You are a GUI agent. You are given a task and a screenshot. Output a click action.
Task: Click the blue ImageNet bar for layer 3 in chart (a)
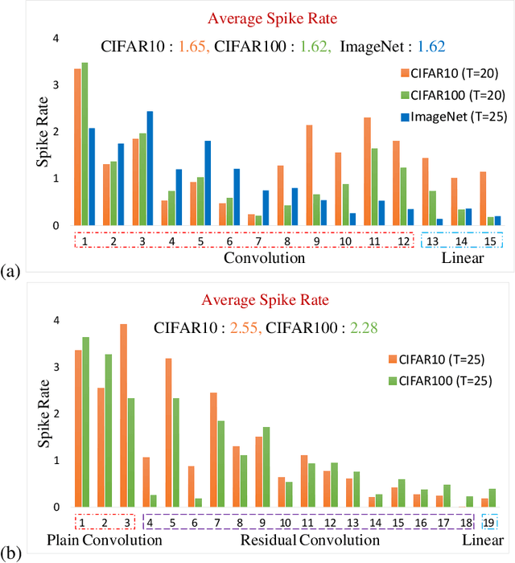point(150,168)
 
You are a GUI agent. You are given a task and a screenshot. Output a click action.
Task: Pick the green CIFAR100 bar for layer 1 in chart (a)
point(84,144)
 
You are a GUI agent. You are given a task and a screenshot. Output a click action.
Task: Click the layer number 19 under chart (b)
point(489,521)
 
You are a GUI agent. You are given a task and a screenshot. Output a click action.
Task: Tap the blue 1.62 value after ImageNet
point(430,47)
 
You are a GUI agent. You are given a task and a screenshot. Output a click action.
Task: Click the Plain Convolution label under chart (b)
point(104,540)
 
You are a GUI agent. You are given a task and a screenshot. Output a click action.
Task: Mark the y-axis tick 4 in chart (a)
point(56,38)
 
